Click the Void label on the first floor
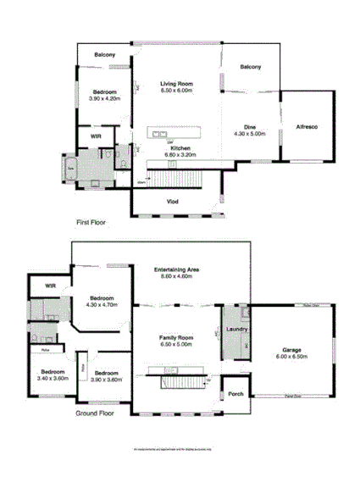172,202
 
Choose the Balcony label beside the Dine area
250,66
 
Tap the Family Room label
178,341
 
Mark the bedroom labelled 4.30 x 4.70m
103,301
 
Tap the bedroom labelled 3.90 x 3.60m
106,376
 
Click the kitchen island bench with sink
175,132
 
